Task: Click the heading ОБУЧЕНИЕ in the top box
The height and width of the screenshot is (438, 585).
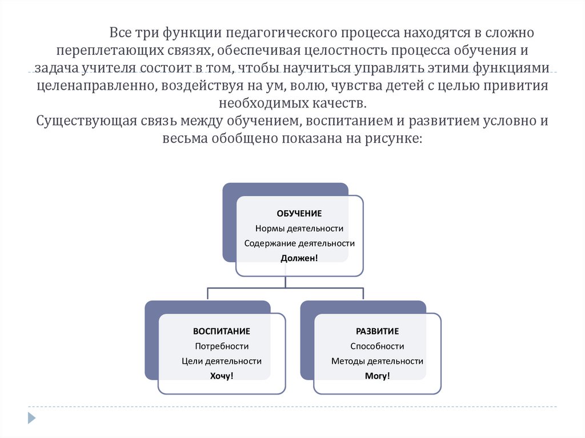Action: point(299,214)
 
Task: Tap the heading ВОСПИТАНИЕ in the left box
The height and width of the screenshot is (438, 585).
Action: point(221,331)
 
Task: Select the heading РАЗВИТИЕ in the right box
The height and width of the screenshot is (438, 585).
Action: point(377,331)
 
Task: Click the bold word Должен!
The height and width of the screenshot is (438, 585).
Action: point(299,258)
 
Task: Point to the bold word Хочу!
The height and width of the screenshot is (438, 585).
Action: point(221,376)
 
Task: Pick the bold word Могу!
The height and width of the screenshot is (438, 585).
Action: point(377,376)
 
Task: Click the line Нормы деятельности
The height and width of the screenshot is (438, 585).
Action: point(299,228)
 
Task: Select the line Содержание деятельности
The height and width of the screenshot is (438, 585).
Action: point(299,243)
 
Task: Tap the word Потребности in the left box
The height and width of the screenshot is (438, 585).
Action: point(221,346)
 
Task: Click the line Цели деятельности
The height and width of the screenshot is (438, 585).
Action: point(221,361)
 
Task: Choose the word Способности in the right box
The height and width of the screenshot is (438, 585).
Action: point(377,346)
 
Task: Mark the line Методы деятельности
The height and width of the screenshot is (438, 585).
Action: point(377,361)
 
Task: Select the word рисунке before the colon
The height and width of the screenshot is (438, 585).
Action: point(394,139)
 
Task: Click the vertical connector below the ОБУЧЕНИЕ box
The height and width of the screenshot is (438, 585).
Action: point(285,282)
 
